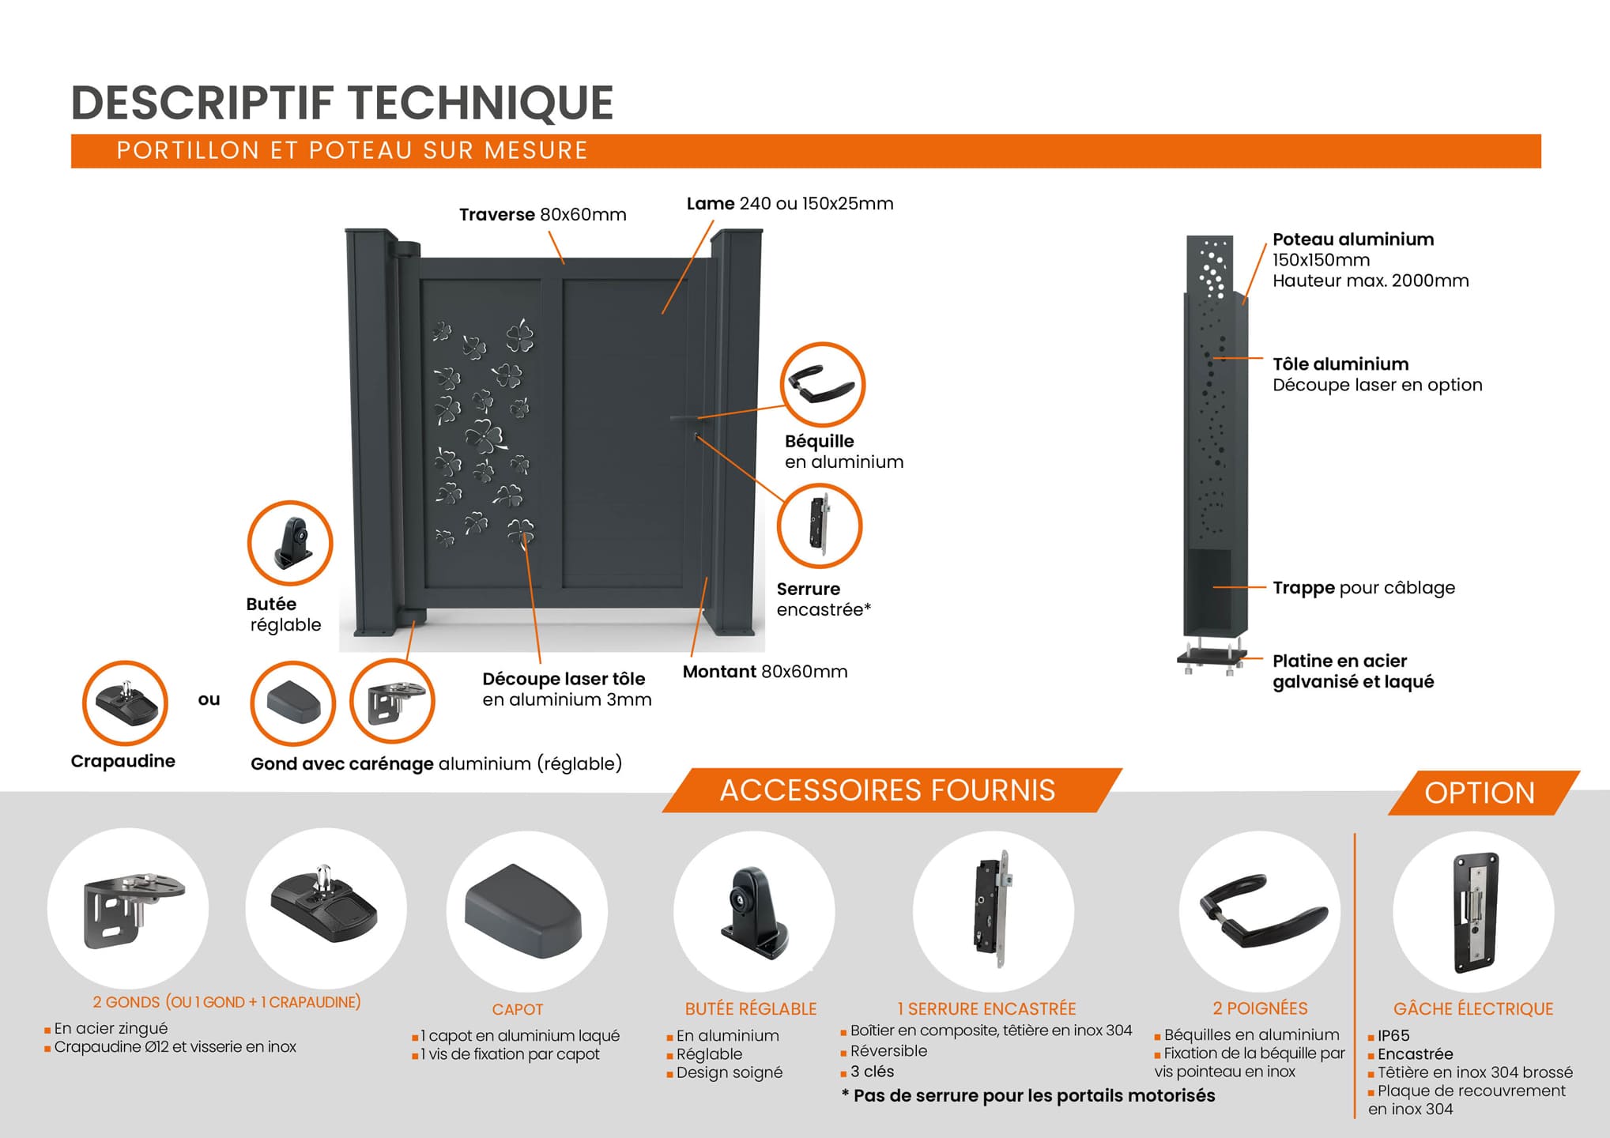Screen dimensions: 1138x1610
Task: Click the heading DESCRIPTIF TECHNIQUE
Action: [x=342, y=103]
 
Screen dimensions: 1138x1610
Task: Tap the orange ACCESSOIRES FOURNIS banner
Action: [x=888, y=790]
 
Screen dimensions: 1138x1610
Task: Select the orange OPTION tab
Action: [x=1479, y=793]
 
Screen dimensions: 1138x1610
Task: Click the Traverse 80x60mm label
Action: [x=542, y=215]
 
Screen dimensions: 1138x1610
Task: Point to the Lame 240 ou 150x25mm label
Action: [x=790, y=204]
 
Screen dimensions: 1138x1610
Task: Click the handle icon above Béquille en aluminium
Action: [x=822, y=385]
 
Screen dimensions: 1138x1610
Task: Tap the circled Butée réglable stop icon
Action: [x=290, y=544]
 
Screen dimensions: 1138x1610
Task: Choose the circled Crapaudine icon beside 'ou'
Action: [x=125, y=703]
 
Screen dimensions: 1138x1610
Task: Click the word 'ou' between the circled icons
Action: [x=209, y=700]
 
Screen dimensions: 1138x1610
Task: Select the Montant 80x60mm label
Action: [x=764, y=672]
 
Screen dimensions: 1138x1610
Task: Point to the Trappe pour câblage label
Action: [x=1363, y=588]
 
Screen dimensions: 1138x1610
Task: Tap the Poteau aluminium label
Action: [x=1352, y=239]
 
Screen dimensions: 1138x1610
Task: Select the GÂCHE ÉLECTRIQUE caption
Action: [x=1473, y=1009]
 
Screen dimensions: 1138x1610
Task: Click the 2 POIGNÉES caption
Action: [x=1260, y=1009]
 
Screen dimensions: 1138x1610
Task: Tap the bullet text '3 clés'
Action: [x=872, y=1072]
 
